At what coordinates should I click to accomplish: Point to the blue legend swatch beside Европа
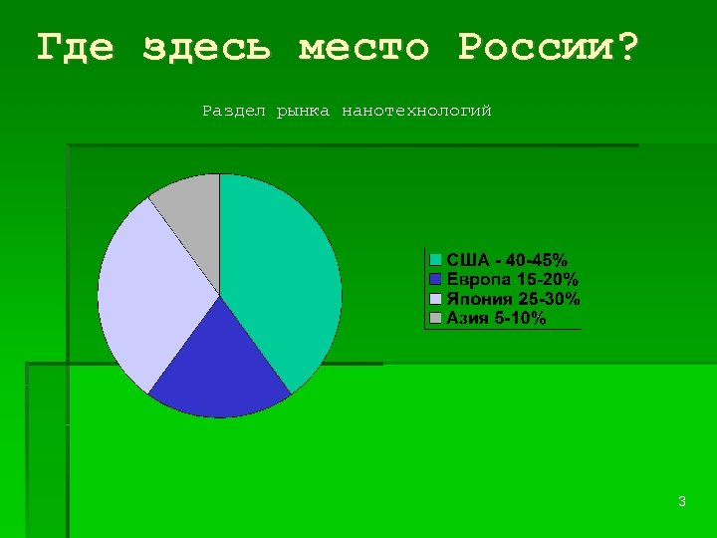pyautogui.click(x=435, y=280)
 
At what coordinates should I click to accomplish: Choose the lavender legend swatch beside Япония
pyautogui.click(x=435, y=299)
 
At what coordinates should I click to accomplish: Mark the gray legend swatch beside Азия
pyautogui.click(x=435, y=319)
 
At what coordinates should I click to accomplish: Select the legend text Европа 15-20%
pyautogui.click(x=512, y=280)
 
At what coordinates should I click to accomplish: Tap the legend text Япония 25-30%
pyautogui.click(x=513, y=299)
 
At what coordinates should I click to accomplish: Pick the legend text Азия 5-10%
pyautogui.click(x=496, y=319)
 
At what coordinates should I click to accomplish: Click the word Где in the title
pyautogui.click(x=76, y=48)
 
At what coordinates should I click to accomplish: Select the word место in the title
pyautogui.click(x=364, y=48)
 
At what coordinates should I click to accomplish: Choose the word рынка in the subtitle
pyautogui.click(x=303, y=111)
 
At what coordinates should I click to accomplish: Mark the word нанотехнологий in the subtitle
pyautogui.click(x=416, y=111)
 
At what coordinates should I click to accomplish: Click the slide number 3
pyautogui.click(x=681, y=502)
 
